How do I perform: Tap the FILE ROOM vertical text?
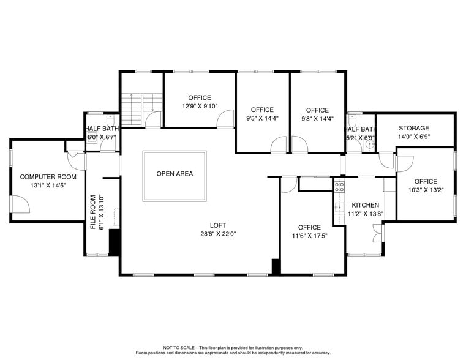click(94, 212)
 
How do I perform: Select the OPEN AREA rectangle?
click(175, 175)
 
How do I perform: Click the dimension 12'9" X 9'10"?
click(200, 106)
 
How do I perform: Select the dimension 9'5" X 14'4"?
click(262, 118)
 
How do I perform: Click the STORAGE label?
click(414, 128)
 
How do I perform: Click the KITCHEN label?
click(365, 205)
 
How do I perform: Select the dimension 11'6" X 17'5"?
click(309, 236)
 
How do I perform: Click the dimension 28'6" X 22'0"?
click(218, 234)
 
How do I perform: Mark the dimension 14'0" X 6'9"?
click(414, 137)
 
